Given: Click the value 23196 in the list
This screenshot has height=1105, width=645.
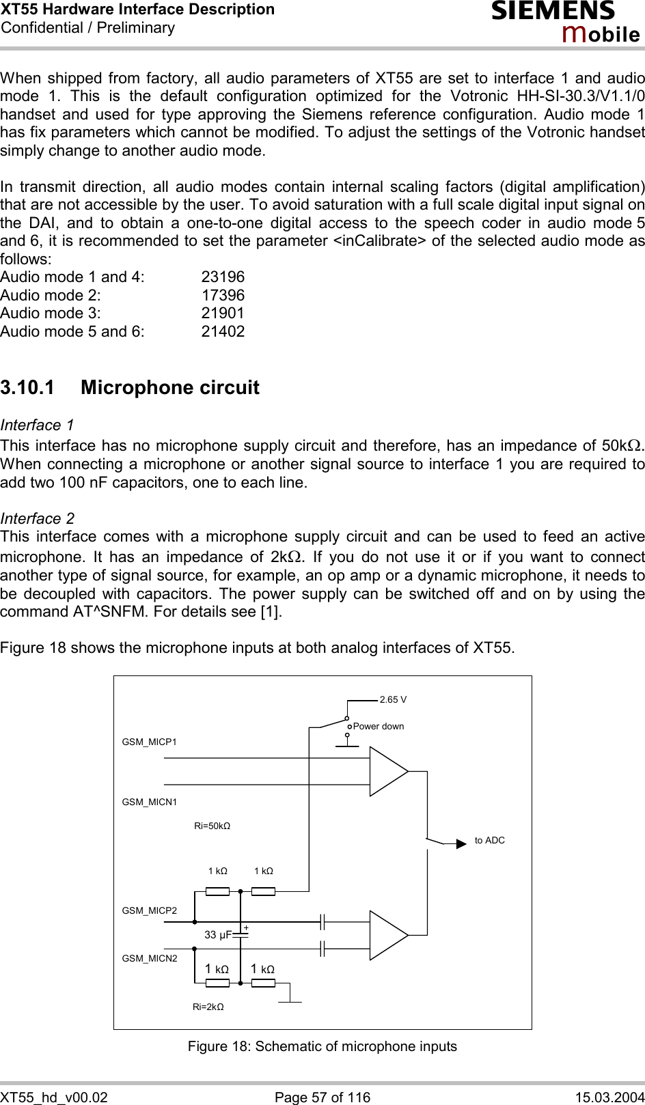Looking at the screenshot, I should tap(223, 277).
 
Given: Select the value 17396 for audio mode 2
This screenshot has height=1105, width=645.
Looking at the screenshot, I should tap(223, 296).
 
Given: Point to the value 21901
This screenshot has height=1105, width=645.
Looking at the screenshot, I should tap(223, 313).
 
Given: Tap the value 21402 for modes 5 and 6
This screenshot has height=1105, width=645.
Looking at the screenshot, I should tap(223, 332).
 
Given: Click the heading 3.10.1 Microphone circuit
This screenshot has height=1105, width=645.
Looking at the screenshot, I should tap(130, 388).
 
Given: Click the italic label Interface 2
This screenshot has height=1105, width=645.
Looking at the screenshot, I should tap(38, 518).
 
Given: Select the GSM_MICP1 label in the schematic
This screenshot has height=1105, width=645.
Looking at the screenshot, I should tap(149, 742).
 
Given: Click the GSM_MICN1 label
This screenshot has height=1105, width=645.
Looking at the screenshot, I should tap(149, 802).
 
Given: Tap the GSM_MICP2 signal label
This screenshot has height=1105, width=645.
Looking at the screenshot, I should tap(149, 910).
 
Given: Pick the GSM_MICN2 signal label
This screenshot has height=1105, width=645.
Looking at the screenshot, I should tap(149, 958).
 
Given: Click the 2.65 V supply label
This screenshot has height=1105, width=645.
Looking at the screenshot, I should tap(393, 699).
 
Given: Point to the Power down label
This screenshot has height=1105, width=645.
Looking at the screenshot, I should tap(379, 726).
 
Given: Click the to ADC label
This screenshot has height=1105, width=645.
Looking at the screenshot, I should tap(489, 840).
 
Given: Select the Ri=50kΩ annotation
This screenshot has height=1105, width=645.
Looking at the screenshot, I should tap(212, 826).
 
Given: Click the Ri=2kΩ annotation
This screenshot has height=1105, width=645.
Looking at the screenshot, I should tap(208, 1007).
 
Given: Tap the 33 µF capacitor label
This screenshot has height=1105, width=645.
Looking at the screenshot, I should tap(218, 935).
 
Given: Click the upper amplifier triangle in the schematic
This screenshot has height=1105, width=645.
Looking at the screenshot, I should tap(386, 772).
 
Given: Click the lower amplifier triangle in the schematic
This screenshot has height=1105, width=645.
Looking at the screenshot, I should tap(386, 935).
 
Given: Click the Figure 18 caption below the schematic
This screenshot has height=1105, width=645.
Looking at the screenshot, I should tap(322, 1046).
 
